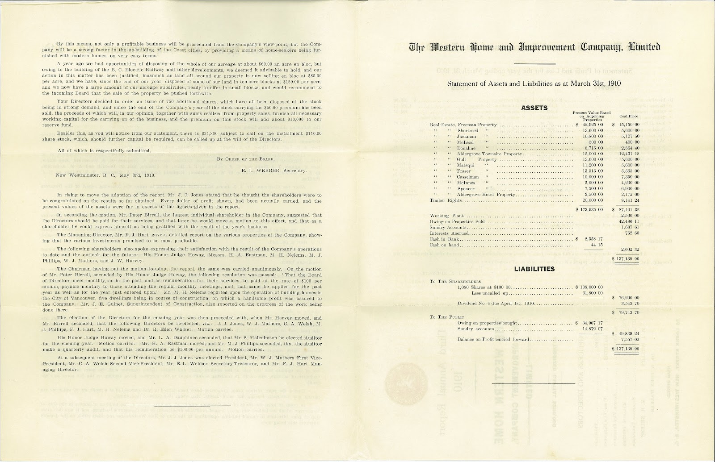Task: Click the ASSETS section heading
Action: coord(534,108)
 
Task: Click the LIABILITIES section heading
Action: coord(534,269)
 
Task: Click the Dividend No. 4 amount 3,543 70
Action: coord(628,303)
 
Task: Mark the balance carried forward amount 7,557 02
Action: coord(628,339)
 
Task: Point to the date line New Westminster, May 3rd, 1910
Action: coord(105,175)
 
